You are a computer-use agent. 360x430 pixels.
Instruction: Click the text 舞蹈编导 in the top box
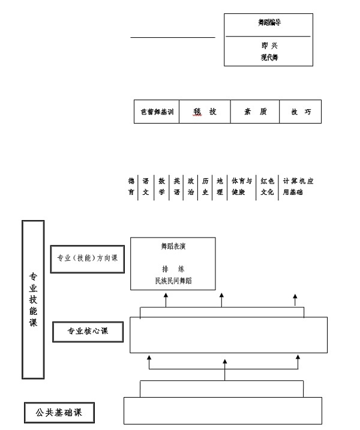pos(269,23)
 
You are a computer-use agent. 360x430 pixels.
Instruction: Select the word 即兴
pos(269,46)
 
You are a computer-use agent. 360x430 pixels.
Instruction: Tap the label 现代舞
pos(269,58)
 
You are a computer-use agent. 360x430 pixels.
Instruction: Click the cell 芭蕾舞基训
pos(157,112)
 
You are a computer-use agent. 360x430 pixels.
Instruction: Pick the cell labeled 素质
pos(255,112)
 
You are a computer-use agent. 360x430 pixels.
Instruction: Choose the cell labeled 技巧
pos(300,112)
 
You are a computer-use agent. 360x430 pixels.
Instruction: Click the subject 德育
pos(131,187)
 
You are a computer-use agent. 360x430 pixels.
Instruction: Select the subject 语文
pos(146,187)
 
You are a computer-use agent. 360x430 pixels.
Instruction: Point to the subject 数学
pos(161,187)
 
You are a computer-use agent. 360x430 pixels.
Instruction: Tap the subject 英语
pos(176,187)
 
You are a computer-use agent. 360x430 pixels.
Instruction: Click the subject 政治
pos(191,187)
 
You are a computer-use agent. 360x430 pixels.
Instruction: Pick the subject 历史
pos(205,187)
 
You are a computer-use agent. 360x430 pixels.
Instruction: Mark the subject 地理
pos(220,187)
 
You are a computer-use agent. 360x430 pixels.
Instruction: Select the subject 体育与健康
pos(242,187)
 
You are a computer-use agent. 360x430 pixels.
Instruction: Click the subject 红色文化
pos(267,187)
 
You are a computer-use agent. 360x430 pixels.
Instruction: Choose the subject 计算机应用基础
pos(298,187)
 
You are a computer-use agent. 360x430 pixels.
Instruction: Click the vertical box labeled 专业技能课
pos(33,299)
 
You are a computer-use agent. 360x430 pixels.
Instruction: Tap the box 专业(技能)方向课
pos(87,259)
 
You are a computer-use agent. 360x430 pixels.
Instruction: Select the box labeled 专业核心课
pos(88,331)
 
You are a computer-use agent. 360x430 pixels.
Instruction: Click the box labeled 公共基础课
pos(59,413)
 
